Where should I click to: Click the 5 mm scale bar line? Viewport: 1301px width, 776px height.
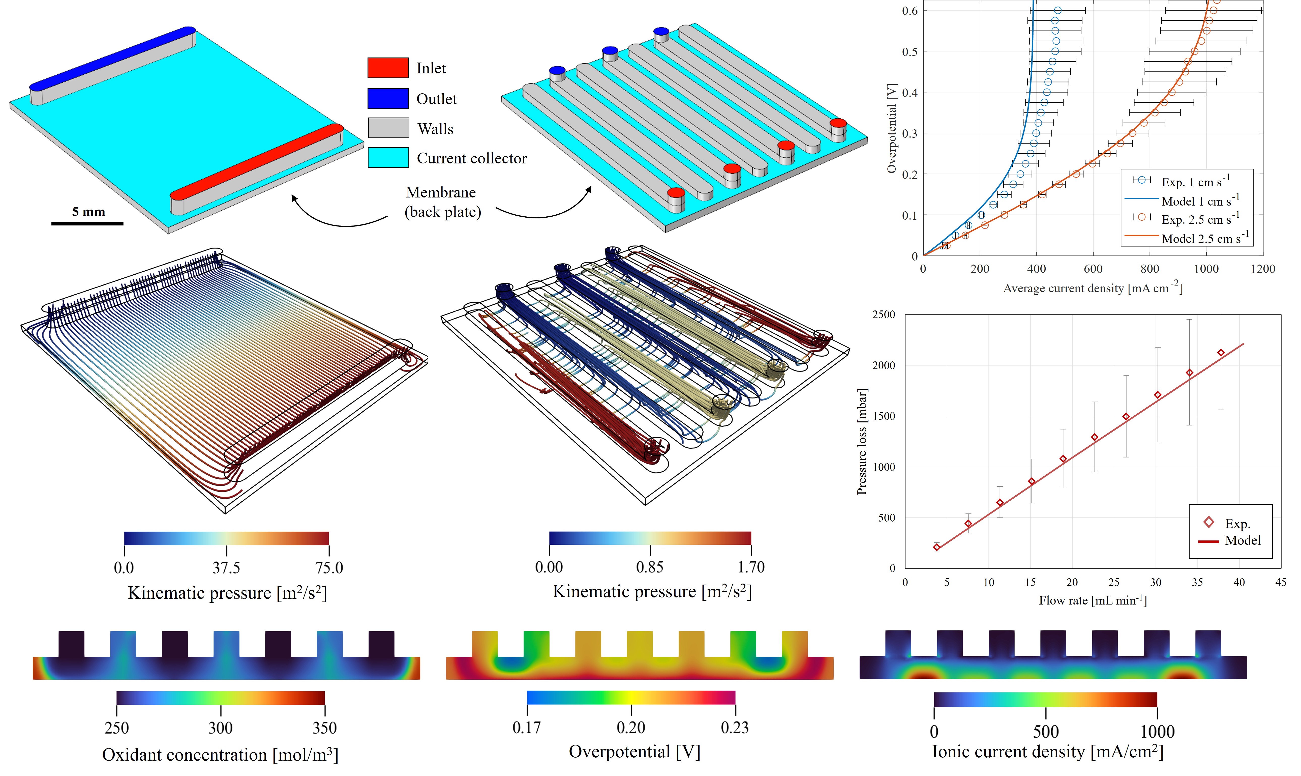(x=87, y=223)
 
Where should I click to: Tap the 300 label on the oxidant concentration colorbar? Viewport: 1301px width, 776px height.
(x=221, y=728)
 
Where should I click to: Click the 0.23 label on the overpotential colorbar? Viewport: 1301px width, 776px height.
(x=735, y=727)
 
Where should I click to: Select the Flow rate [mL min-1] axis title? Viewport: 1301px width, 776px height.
(x=1093, y=600)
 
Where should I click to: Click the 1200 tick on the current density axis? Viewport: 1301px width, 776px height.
(x=1263, y=269)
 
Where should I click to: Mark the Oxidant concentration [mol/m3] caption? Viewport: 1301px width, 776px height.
(x=220, y=755)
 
